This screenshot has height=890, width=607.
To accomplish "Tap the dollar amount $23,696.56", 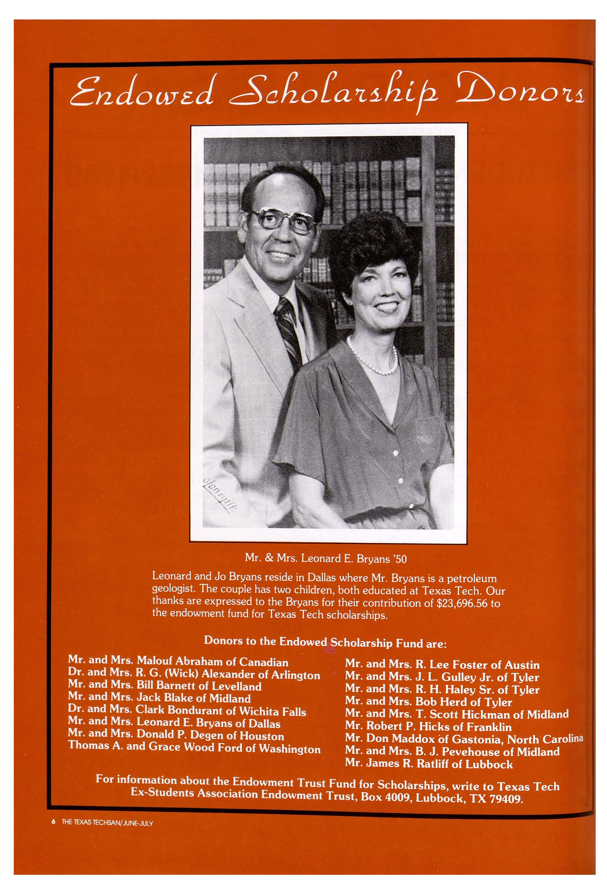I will click(x=461, y=603).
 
